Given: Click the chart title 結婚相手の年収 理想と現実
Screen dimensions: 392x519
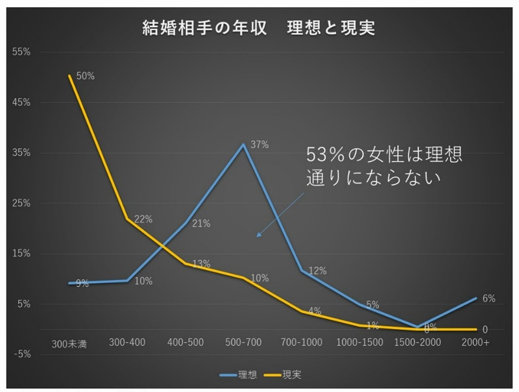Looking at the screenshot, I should coord(259,29).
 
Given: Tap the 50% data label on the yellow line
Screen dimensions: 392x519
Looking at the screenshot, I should coord(85,76).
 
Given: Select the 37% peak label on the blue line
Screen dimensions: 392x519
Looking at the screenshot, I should coord(259,145).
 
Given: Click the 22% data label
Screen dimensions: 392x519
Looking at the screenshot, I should coord(143,219).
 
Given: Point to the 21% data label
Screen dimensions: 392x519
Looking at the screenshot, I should coord(201,224).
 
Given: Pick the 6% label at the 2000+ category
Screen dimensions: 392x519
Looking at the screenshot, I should coord(489,299).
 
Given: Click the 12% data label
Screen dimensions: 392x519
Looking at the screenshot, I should coord(317,270).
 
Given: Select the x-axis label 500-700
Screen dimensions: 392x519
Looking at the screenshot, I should coord(243,342).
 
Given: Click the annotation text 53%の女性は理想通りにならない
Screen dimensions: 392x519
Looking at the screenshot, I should coord(385,166).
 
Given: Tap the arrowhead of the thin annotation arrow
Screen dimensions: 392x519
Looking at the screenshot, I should coord(258,236).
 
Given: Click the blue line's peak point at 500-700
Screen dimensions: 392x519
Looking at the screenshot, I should coord(243,144).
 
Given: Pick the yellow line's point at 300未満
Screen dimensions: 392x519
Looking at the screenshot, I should coord(69,76).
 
